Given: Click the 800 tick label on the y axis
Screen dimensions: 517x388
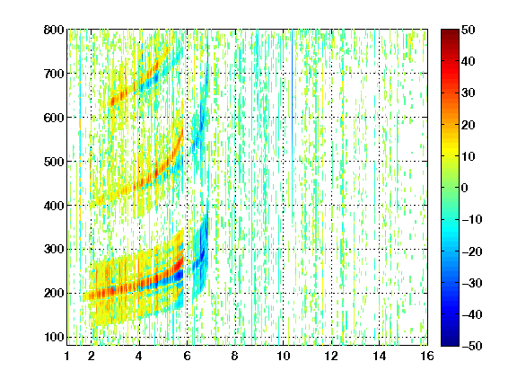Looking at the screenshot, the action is click(x=54, y=30).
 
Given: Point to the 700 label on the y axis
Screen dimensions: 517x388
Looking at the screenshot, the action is click(x=54, y=74).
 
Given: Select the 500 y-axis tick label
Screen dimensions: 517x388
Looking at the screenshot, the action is click(x=54, y=162).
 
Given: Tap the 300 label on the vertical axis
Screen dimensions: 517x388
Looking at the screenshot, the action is click(x=54, y=250).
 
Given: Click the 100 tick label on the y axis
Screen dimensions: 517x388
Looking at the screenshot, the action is click(x=54, y=337).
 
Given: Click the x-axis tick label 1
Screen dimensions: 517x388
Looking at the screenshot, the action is click(x=67, y=356).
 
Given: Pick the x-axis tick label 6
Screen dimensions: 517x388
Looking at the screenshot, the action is click(x=187, y=356).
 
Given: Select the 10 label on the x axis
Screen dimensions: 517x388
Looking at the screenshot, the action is click(x=284, y=356).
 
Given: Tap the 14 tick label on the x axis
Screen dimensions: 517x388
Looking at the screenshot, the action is click(x=380, y=356).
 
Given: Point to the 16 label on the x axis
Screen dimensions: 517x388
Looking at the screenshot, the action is click(x=427, y=356).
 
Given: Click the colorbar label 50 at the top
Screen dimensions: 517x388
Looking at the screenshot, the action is click(x=468, y=30).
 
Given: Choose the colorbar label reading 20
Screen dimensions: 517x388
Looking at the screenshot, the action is click(x=468, y=125).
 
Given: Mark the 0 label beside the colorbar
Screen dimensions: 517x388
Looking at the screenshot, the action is click(x=464, y=188).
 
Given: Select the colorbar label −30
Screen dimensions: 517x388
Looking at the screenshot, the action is click(x=472, y=283).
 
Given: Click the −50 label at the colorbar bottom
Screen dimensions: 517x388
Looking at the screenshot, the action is click(x=472, y=346).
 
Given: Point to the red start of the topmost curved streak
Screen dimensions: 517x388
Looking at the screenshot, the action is click(x=113, y=101).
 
